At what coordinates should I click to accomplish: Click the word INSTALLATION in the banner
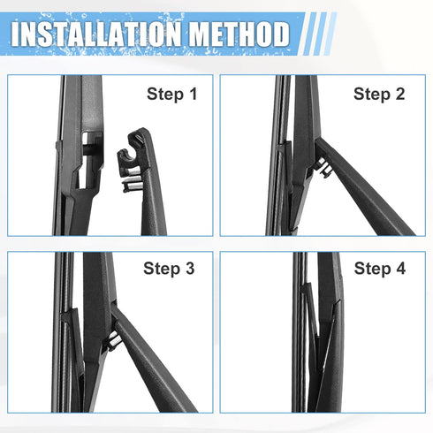click(96, 34)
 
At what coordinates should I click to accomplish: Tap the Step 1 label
click(171, 95)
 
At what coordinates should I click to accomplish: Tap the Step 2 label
click(379, 95)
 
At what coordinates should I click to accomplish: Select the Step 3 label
click(169, 269)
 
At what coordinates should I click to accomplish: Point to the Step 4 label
click(380, 269)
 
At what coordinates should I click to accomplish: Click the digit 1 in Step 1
click(193, 94)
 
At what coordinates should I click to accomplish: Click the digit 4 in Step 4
click(400, 269)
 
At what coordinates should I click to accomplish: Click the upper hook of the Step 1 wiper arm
click(138, 139)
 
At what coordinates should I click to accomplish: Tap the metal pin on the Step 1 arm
click(132, 186)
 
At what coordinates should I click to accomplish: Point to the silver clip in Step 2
click(323, 167)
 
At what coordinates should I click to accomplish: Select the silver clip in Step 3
click(113, 340)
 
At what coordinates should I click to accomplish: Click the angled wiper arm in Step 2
click(362, 188)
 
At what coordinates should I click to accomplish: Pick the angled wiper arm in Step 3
click(152, 361)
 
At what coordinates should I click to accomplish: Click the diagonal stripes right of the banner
click(317, 34)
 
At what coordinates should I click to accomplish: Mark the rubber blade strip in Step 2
click(273, 156)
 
